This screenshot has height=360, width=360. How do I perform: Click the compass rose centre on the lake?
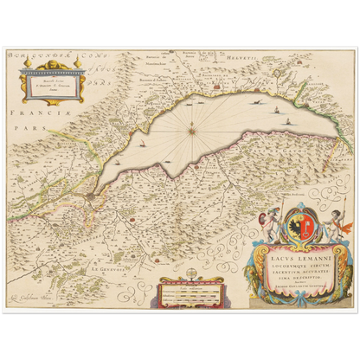tap(191, 132)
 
